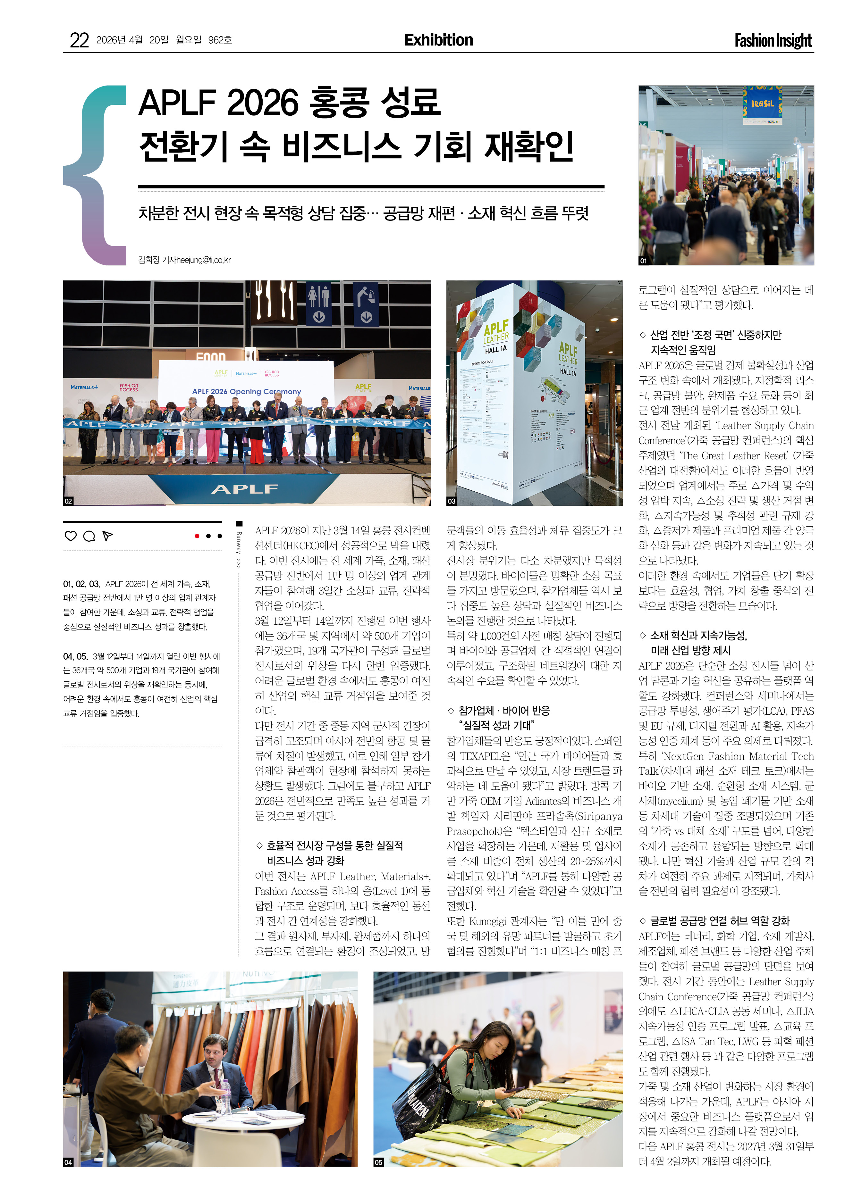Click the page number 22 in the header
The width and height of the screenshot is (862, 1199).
pos(79,40)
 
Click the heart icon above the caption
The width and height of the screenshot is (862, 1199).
pos(70,536)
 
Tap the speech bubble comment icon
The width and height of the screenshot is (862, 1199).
pos(89,536)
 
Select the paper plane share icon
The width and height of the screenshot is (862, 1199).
pos(107,536)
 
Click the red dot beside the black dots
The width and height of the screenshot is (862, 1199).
pos(197,536)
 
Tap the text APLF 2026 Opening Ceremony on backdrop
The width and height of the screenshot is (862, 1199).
pos(246,392)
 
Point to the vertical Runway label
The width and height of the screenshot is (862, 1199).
pos(239,550)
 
